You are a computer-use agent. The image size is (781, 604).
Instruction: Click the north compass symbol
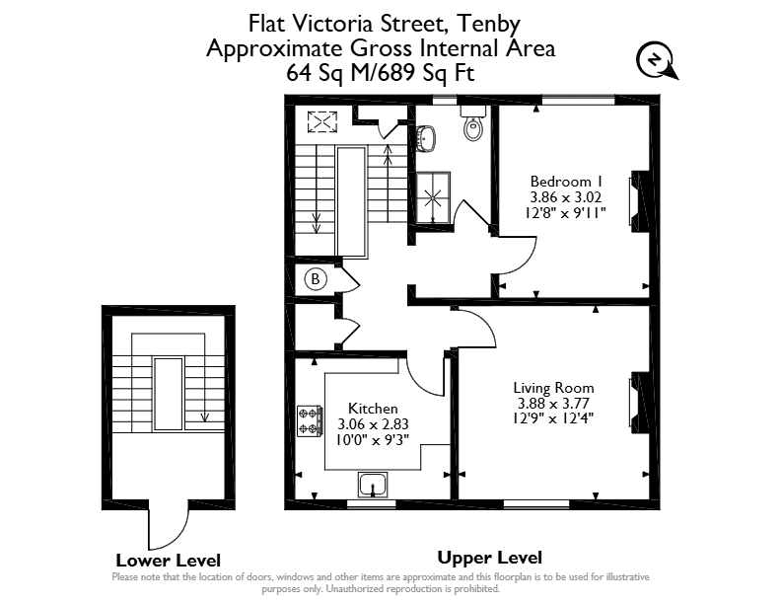[657, 61]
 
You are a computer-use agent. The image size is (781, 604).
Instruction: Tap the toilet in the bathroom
[473, 123]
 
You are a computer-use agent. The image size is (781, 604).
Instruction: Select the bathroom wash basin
[427, 137]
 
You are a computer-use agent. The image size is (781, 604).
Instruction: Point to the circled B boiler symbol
[315, 278]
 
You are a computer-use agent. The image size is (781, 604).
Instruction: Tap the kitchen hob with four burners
[310, 421]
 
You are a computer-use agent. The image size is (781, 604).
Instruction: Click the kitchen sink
[373, 485]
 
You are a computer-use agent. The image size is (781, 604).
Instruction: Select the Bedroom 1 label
[566, 181]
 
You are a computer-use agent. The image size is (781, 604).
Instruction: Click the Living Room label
[553, 388]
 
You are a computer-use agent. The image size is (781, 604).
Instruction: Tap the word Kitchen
[373, 409]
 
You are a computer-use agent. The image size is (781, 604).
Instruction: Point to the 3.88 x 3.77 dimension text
[553, 404]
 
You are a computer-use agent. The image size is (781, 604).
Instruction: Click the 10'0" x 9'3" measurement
[373, 440]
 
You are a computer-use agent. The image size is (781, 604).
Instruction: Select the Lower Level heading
[168, 561]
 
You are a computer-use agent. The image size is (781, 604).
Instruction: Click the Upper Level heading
[490, 558]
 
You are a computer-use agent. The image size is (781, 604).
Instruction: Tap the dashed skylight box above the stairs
[321, 122]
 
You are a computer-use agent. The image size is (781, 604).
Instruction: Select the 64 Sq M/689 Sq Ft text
[380, 73]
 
